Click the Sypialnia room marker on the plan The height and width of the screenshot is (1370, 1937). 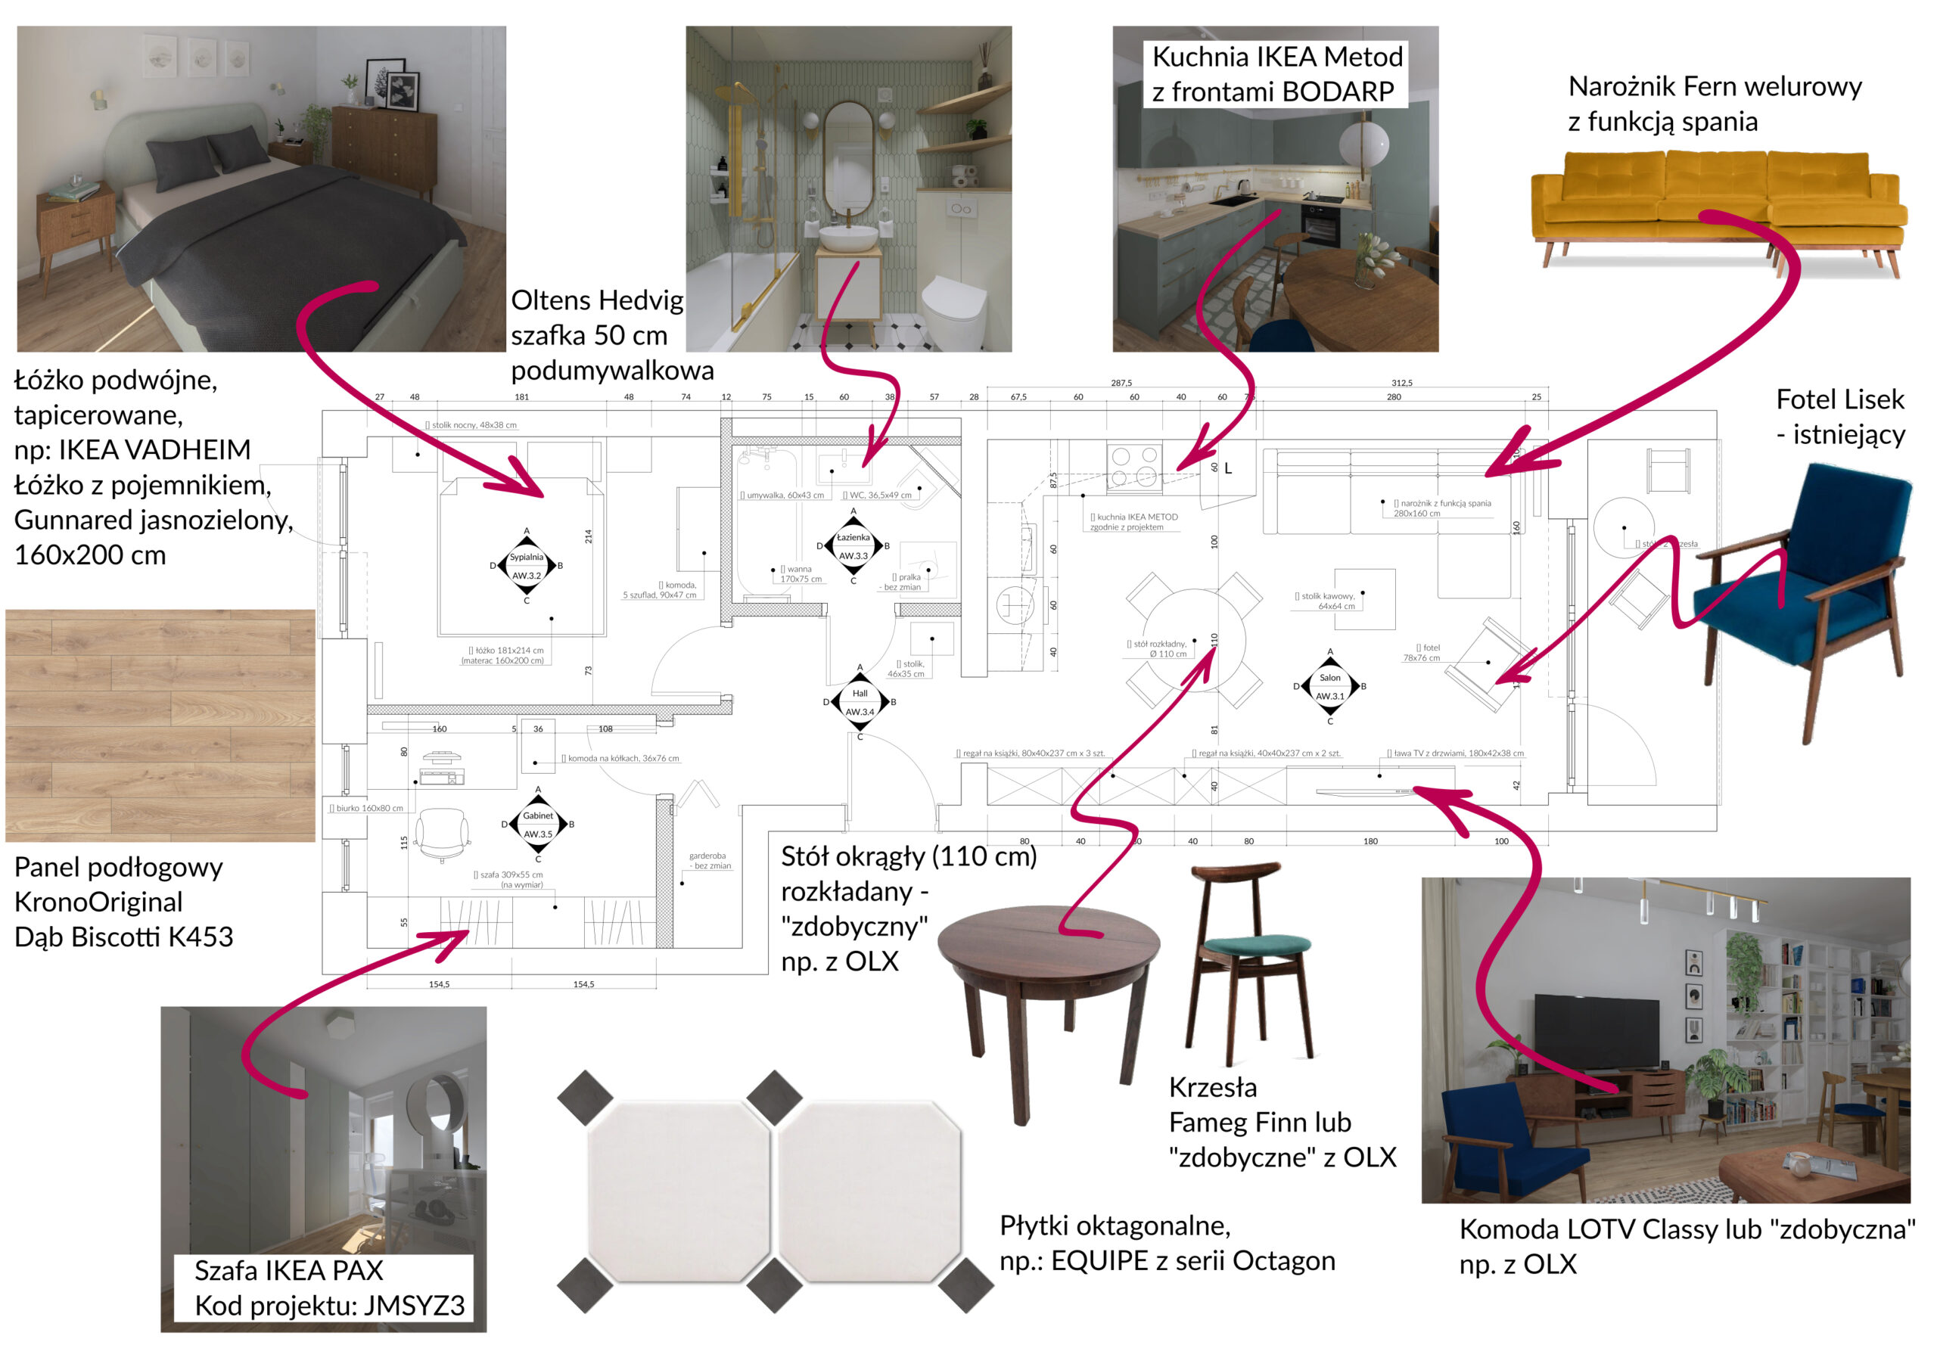point(527,566)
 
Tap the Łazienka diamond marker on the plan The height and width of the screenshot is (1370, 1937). point(853,546)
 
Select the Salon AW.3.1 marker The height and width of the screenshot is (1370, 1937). point(1329,687)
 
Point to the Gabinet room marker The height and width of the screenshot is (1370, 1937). point(538,824)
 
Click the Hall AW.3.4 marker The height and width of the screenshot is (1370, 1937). point(860,702)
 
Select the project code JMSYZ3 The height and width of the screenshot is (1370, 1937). point(413,1305)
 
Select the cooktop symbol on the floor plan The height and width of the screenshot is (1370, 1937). point(1133,467)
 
